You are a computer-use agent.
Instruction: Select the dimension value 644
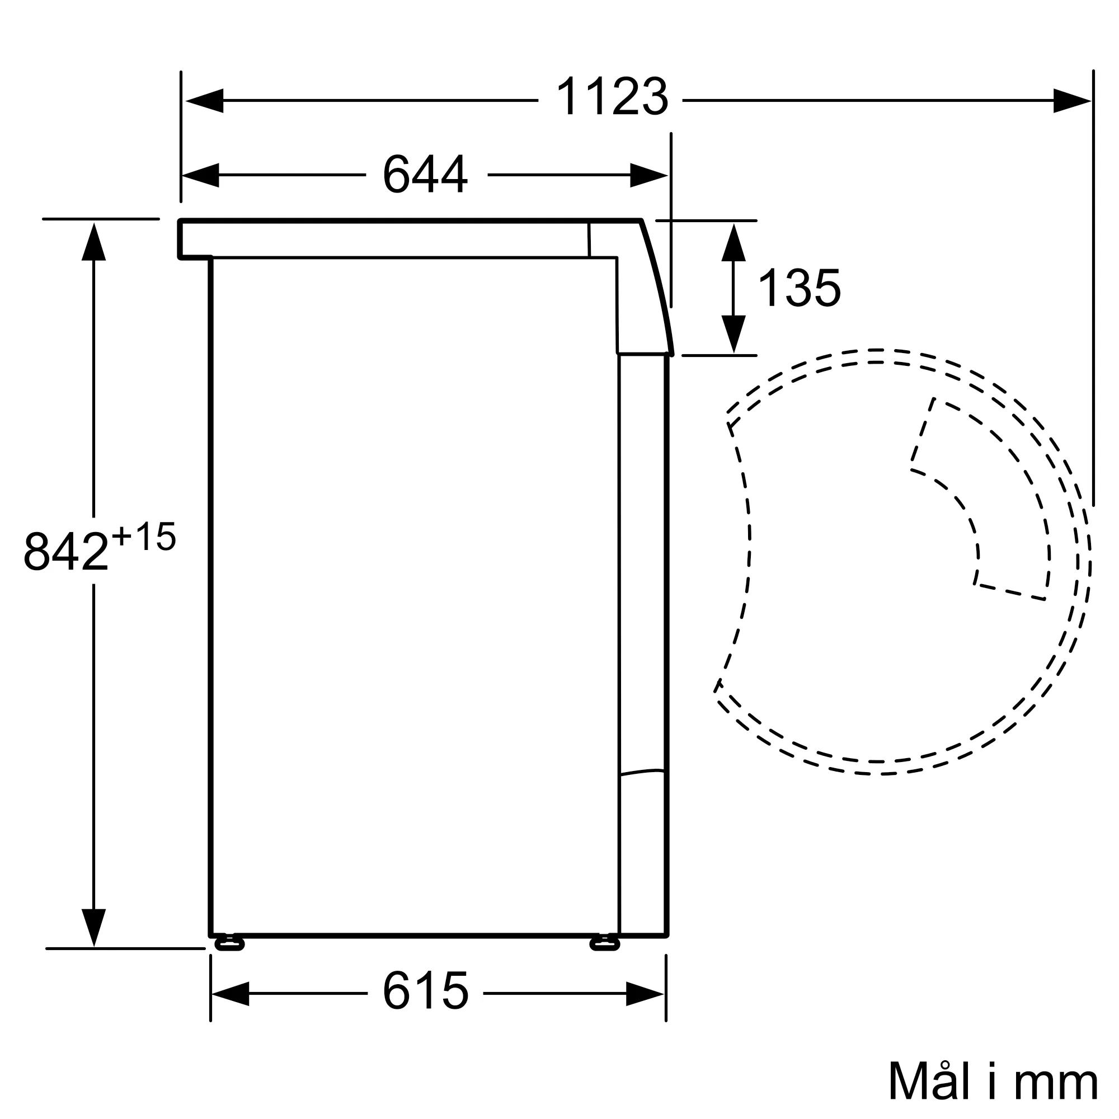425,174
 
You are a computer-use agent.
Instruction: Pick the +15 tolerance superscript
144,537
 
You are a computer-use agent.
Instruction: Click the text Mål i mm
993,1081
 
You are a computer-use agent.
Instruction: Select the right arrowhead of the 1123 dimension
1071,101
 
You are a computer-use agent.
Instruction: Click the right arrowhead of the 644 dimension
648,175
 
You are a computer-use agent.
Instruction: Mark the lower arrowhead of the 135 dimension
734,333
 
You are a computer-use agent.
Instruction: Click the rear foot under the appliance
229,944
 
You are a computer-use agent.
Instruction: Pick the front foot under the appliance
605,944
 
